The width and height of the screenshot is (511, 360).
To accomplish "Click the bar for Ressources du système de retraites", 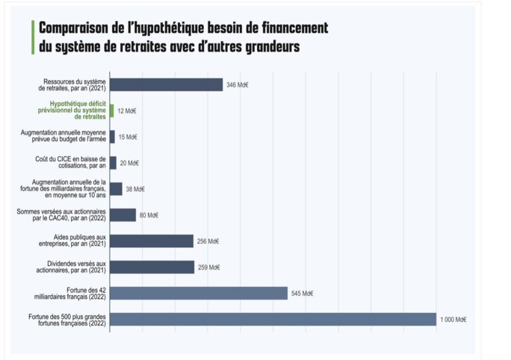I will point(166,84).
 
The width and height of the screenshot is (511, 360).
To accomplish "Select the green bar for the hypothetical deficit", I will point(111,111).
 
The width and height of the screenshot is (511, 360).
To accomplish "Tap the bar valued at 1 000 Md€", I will point(273,319).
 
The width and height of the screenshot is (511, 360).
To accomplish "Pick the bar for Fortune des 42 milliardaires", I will point(199,293).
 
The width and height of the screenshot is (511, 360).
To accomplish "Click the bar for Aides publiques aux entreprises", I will point(152,240).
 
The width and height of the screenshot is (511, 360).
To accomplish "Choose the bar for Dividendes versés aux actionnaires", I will point(152,267).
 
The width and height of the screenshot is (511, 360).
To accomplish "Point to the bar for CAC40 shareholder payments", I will point(123,214).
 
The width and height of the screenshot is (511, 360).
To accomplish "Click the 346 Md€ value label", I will point(237,85).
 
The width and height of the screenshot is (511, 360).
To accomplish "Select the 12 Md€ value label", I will point(126,111).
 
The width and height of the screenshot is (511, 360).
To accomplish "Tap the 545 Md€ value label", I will point(302,294).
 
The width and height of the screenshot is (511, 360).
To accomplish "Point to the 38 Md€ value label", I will point(134,189).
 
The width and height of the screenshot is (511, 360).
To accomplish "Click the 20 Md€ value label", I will point(129,163).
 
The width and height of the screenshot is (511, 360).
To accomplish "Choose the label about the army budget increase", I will point(67,137).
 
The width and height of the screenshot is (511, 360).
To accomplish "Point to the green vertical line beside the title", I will point(33,37).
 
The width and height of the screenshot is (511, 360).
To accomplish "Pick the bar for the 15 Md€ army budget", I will point(112,137).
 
